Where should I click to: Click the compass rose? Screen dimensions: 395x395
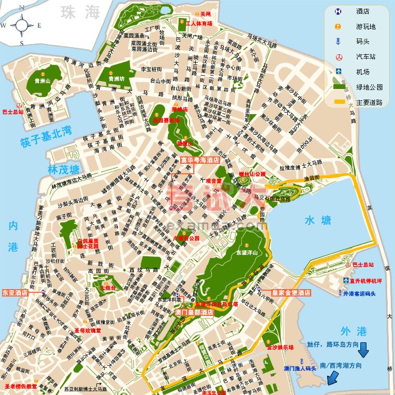pos(22,25)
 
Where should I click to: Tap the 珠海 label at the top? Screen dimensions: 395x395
pos(80,12)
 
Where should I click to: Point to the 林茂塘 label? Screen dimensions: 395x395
pos(63,170)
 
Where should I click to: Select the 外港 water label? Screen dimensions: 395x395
pos(353,331)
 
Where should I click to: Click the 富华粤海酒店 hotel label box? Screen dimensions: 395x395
pos(200,160)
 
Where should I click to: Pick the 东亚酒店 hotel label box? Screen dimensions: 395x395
pos(15,292)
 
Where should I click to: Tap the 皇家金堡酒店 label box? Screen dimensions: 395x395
pos(291,292)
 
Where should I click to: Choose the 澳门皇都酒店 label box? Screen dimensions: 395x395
pos(194,312)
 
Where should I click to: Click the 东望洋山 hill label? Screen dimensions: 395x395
pos(246,252)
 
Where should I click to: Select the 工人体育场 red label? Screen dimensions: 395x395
pos(199,24)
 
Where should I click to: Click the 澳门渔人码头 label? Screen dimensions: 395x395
pos(300,368)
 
